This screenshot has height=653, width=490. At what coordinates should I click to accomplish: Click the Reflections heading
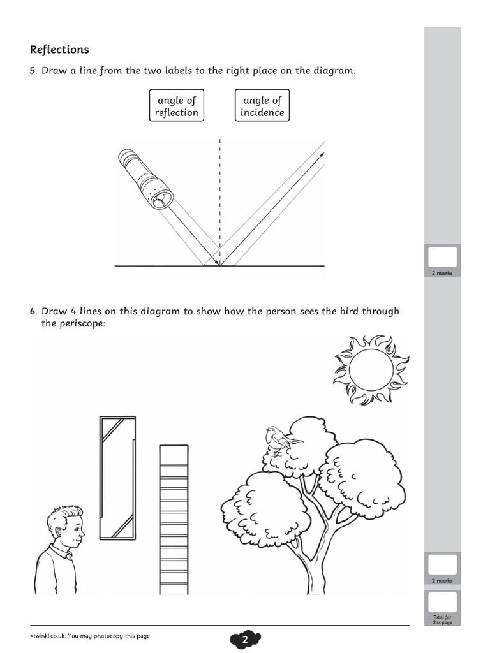tap(59, 50)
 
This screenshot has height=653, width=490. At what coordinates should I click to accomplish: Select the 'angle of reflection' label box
tap(177, 106)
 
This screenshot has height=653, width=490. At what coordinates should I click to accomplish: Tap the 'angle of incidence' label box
tap(262, 106)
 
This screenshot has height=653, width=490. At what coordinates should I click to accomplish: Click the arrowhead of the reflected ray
tap(322, 154)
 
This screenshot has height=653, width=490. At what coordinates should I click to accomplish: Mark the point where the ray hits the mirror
tap(220, 265)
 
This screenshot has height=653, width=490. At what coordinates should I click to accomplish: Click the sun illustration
tap(367, 370)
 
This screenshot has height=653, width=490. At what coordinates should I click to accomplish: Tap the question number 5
tap(33, 71)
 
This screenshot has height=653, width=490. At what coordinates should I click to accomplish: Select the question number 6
tap(33, 312)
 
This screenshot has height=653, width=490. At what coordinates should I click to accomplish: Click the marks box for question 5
tap(442, 257)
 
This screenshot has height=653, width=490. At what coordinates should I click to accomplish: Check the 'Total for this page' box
tap(442, 603)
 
